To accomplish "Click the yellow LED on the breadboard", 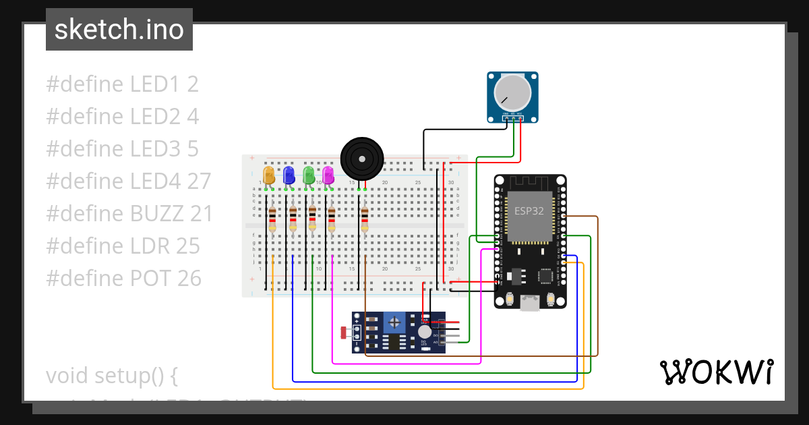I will (x=269, y=175).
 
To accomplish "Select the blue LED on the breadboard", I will (x=289, y=175).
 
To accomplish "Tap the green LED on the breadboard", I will (x=309, y=175).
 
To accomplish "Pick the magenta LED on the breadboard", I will (x=328, y=175).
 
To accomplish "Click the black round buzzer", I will (x=361, y=159).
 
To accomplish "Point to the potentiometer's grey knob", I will (x=513, y=92).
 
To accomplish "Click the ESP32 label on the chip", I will (x=529, y=210).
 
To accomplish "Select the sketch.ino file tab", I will (x=119, y=30).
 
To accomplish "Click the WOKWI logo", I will (x=716, y=372).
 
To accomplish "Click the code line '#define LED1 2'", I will (x=122, y=84).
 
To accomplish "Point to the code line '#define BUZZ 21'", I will (x=129, y=214).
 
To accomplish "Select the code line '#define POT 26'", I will (x=123, y=278).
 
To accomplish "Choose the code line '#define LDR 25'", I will (x=123, y=246).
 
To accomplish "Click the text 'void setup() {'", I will (x=111, y=375).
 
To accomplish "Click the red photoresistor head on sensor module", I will (x=344, y=332).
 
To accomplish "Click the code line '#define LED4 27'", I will (x=128, y=181).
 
